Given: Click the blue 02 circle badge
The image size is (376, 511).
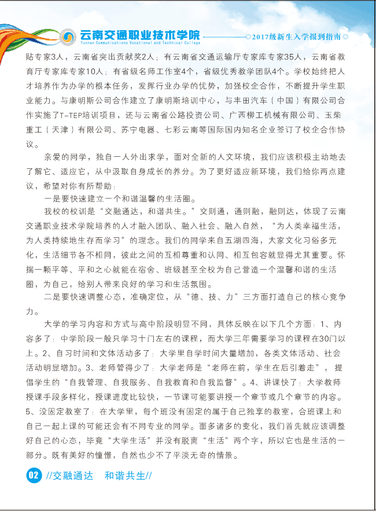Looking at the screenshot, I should tap(34, 476).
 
